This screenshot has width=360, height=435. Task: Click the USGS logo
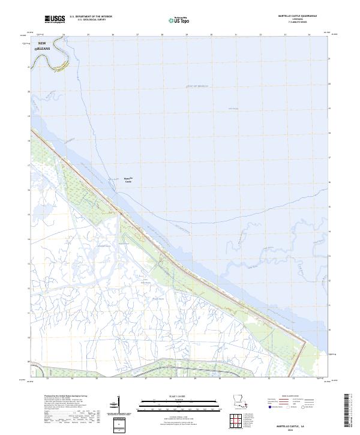click(x=55, y=19)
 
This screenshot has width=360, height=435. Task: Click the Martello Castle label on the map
click(x=127, y=179)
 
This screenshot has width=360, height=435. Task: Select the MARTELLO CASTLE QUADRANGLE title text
click(x=289, y=15)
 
